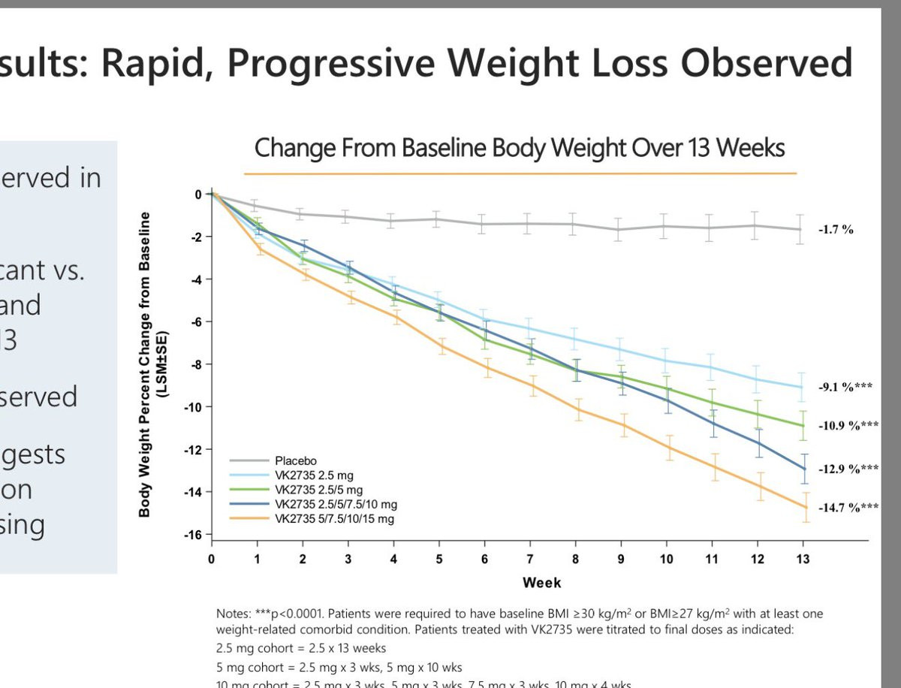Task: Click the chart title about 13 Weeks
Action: pyautogui.click(x=520, y=147)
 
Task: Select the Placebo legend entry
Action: pyautogui.click(x=297, y=461)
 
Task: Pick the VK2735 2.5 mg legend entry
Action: pyautogui.click(x=314, y=475)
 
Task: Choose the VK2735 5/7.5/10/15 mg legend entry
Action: pyautogui.click(x=334, y=519)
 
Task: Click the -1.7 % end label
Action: pyautogui.click(x=836, y=230)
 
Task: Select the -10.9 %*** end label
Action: pyautogui.click(x=848, y=425)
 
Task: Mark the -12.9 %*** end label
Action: pyautogui.click(x=848, y=469)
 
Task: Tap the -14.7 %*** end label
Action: pyautogui.click(x=848, y=508)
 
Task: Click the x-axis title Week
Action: pyautogui.click(x=541, y=582)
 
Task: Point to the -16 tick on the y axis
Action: pyautogui.click(x=194, y=534)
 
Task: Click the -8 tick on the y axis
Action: pyautogui.click(x=196, y=364)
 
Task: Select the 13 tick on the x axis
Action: pyautogui.click(x=802, y=559)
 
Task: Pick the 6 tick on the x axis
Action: pyautogui.click(x=484, y=559)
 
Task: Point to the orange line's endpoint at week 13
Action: pyautogui.click(x=802, y=507)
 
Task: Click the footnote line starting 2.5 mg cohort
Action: pyautogui.click(x=300, y=647)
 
